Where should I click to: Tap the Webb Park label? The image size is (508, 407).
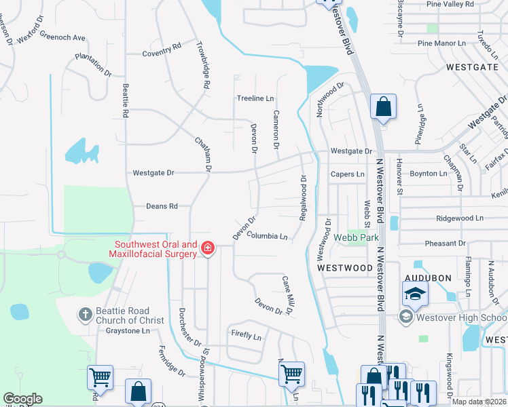click(356, 237)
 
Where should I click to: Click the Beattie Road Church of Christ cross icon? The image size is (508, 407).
click(85, 314)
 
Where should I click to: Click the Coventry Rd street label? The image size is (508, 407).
click(162, 53)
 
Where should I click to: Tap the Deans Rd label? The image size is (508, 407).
click(162, 206)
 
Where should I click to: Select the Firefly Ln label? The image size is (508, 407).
click(246, 336)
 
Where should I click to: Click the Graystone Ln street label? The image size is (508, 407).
click(127, 331)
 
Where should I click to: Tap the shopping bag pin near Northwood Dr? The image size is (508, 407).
click(383, 107)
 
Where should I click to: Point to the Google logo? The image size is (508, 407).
click(22, 398)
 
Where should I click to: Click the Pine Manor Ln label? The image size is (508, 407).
click(442, 43)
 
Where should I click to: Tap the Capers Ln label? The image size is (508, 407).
click(347, 174)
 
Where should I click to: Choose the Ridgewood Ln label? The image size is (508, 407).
click(460, 218)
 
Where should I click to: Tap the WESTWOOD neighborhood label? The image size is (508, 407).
click(344, 268)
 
